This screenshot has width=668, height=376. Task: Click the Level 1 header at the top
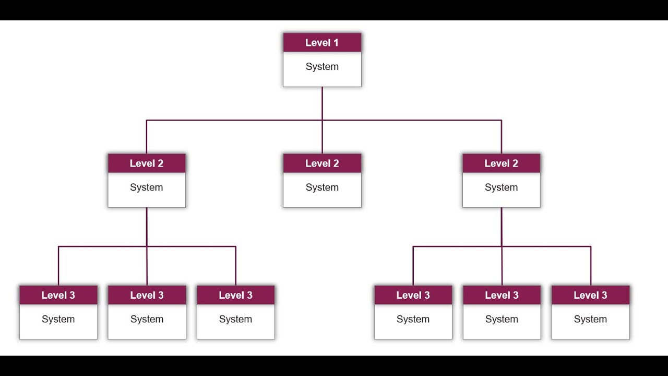[x=322, y=43]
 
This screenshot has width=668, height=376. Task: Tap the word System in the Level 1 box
[x=322, y=67]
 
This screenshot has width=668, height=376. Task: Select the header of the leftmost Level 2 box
[x=147, y=163]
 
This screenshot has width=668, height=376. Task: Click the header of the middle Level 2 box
[x=322, y=163]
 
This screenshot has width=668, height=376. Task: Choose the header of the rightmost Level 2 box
[x=501, y=163]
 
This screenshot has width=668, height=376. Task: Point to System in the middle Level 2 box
[x=322, y=187]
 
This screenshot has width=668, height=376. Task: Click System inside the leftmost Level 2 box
[x=147, y=187]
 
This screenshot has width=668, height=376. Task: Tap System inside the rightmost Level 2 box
[x=501, y=187]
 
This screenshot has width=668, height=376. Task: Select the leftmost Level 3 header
[x=58, y=295]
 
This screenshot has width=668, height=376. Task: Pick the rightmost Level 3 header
[x=590, y=295]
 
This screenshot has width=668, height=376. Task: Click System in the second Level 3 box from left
[x=147, y=319]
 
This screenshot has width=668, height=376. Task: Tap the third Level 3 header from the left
[x=235, y=295]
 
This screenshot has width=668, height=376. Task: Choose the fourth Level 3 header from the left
[x=413, y=295]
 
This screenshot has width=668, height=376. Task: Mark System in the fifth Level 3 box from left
[x=502, y=319]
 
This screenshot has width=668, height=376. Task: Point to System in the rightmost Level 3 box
[x=590, y=319]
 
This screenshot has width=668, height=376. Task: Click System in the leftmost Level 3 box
[x=58, y=319]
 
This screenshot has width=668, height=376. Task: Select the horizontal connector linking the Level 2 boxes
[x=235, y=121]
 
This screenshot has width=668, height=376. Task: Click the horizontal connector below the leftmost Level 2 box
[x=104, y=246]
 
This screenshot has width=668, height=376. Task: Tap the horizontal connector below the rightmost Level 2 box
[x=548, y=246]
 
